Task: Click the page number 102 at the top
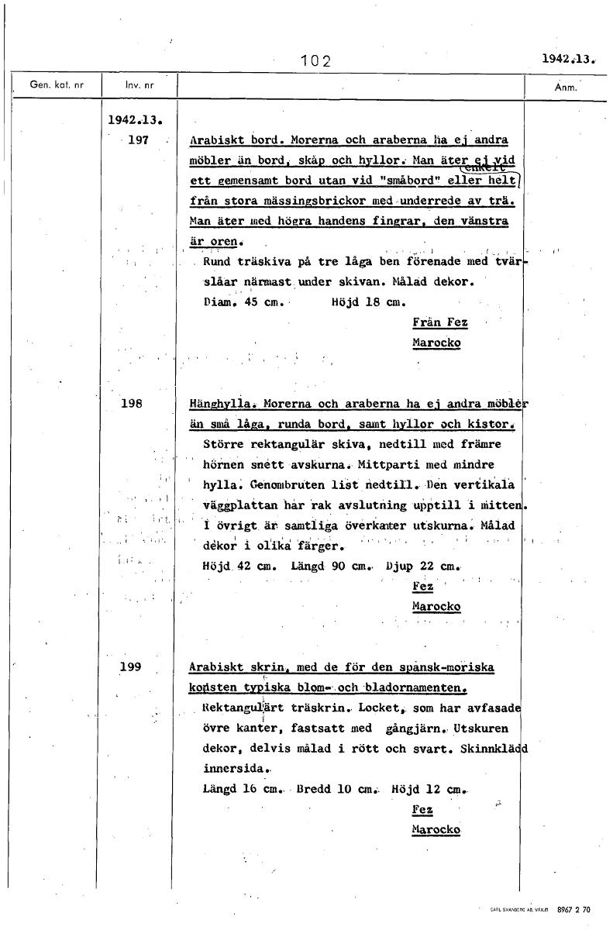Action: point(315,61)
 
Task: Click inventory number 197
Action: point(136,139)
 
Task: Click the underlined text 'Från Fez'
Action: point(439,322)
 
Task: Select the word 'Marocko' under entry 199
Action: point(436,829)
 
